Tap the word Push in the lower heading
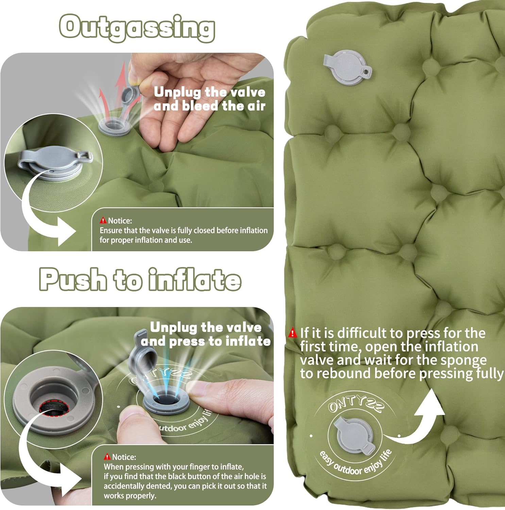click(x=73, y=279)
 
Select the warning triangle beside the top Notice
click(x=103, y=221)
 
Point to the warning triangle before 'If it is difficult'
click(x=292, y=333)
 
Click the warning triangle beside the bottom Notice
click(x=107, y=457)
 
